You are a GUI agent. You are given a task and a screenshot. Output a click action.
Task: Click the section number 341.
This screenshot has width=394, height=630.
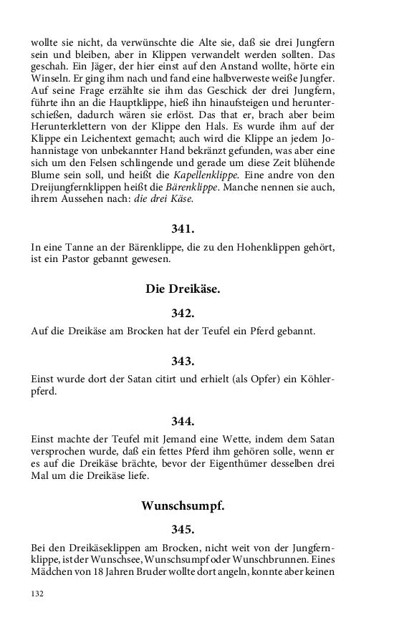pos(183,230)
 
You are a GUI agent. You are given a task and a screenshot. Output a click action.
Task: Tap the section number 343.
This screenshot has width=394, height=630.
pos(183,361)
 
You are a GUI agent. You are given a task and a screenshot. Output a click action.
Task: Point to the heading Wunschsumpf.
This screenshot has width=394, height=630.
pos(183,505)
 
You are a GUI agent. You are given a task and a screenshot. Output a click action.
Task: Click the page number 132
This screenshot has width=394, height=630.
pos(38,593)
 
